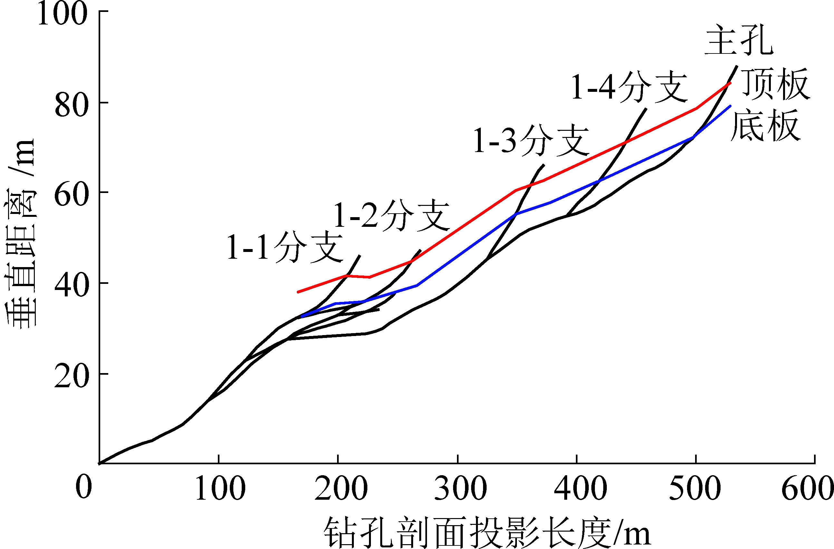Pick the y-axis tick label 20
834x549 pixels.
(71, 376)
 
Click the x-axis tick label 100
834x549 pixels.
(220, 488)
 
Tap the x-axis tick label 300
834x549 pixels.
(461, 488)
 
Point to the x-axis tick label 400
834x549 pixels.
(580, 488)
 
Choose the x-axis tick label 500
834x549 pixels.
(695, 488)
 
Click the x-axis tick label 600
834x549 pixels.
(807, 488)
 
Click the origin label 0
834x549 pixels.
(84, 487)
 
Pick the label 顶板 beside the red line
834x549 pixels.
(776, 84)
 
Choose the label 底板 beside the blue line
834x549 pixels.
(765, 125)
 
